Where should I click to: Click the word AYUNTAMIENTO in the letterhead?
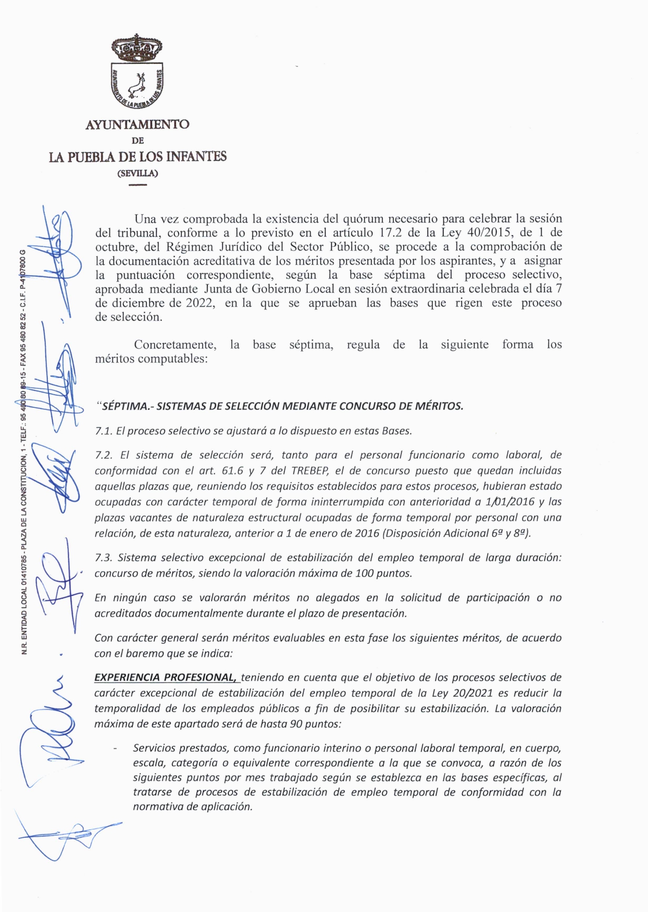(137, 125)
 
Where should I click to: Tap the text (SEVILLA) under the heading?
(137, 173)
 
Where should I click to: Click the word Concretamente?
(175, 345)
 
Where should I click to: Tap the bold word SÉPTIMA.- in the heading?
(126, 406)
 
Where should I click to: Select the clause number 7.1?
(104, 431)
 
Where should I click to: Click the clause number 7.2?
(104, 455)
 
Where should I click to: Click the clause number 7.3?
(104, 558)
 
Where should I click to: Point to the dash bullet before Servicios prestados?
(115, 748)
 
